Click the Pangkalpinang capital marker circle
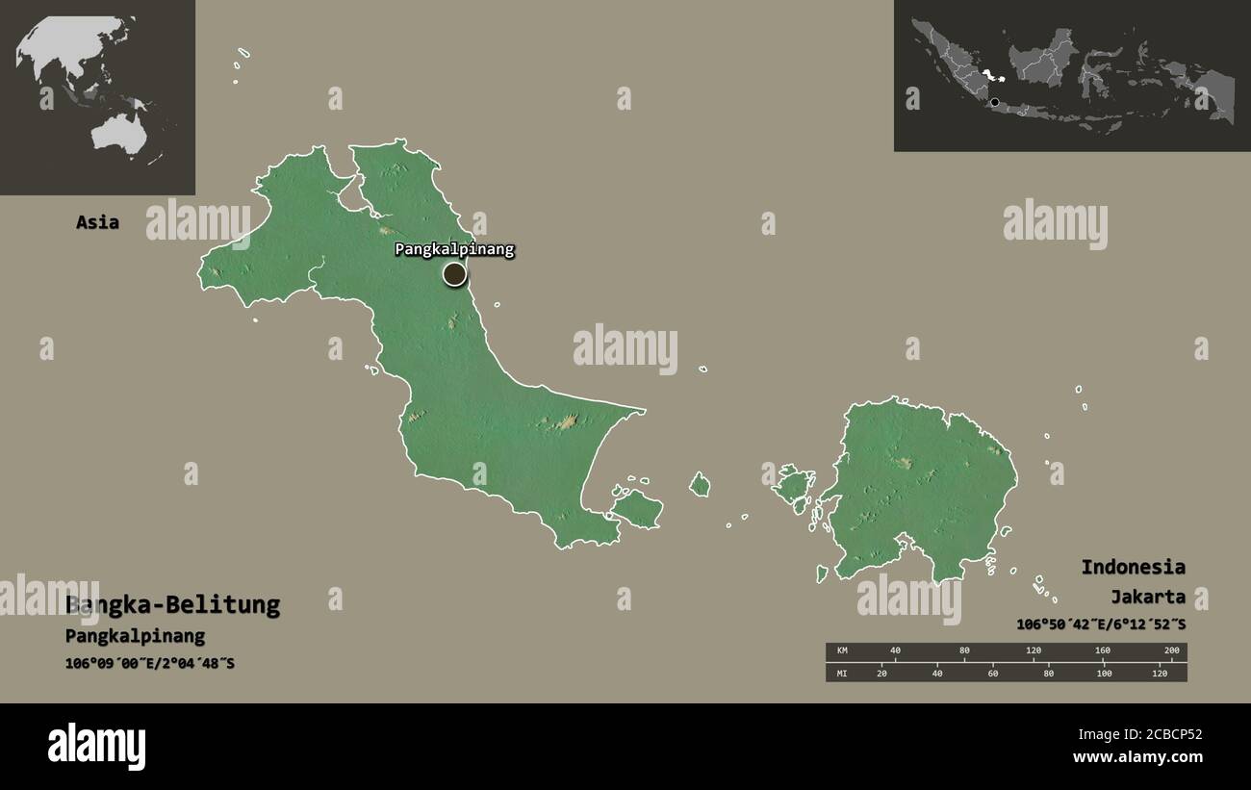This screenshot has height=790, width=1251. pyautogui.click(x=454, y=274)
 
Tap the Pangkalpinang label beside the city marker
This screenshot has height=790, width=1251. pyautogui.click(x=454, y=249)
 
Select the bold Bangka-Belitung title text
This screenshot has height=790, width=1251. pyautogui.click(x=173, y=605)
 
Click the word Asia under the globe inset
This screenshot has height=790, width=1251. pyautogui.click(x=98, y=222)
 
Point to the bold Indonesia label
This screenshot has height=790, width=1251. pyautogui.click(x=1133, y=567)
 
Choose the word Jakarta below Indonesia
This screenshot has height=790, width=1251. pyautogui.click(x=1147, y=597)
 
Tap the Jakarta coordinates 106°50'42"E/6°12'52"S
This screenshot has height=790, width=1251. pyautogui.click(x=1101, y=624)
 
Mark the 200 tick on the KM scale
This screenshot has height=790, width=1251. pyautogui.click(x=1171, y=651)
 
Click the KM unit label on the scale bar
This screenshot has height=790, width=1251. pyautogui.click(x=842, y=651)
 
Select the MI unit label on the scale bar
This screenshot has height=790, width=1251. pyautogui.click(x=842, y=673)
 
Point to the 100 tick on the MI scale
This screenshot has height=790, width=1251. pyautogui.click(x=1104, y=673)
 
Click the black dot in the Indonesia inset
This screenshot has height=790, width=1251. pyautogui.click(x=994, y=101)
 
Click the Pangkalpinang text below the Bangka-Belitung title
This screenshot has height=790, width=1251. pyautogui.click(x=135, y=636)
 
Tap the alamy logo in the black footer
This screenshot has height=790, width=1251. pyautogui.click(x=96, y=747)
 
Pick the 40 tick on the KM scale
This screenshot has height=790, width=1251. pyautogui.click(x=895, y=651)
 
